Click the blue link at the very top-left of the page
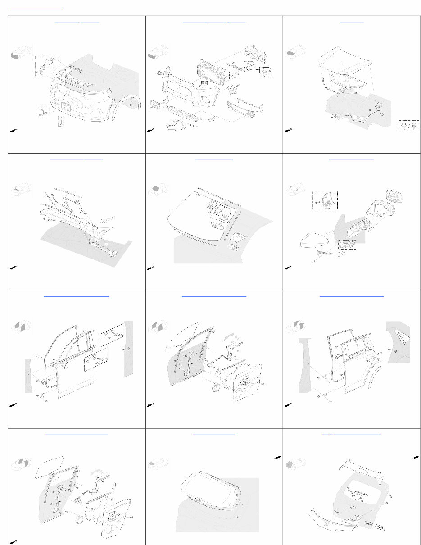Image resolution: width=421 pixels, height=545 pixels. pos(35,8)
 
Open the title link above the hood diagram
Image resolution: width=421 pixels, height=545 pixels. pos(351,21)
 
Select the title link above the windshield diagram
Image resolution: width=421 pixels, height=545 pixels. pos(214,159)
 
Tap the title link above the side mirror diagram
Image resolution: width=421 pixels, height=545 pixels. pos(351,159)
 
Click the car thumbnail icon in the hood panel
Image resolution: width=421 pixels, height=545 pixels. pos(295,53)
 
